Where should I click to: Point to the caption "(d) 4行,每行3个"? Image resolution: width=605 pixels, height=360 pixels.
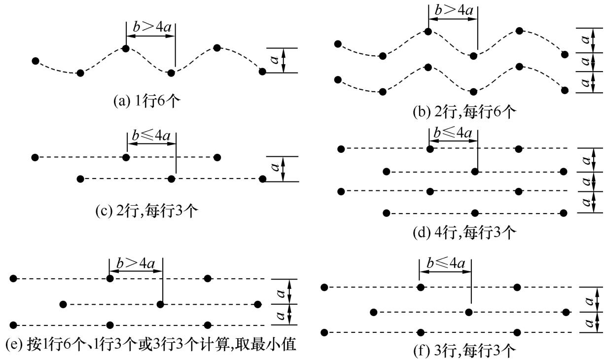(x=464, y=232)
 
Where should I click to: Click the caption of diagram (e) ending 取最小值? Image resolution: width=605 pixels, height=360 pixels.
(x=150, y=345)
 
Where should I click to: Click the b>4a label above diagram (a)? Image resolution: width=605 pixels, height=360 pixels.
(x=150, y=27)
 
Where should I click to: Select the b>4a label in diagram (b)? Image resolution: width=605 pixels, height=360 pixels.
(x=453, y=10)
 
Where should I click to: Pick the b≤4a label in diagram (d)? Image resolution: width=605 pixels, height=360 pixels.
(x=453, y=133)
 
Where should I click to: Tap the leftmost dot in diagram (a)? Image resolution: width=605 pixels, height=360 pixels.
(x=35, y=61)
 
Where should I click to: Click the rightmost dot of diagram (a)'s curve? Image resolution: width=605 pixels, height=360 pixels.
(x=262, y=72)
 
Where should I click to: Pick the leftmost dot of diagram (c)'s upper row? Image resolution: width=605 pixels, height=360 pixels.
(x=35, y=157)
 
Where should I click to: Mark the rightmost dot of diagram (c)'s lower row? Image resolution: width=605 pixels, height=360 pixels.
(x=262, y=178)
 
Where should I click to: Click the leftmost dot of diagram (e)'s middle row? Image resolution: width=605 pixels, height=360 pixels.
(x=63, y=304)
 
